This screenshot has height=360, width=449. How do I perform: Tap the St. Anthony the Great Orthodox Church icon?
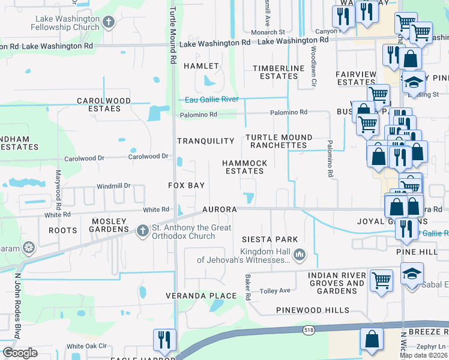click(142, 230)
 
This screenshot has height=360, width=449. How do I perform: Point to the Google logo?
click(20, 353)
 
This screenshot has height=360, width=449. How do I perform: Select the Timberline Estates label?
click(279, 72)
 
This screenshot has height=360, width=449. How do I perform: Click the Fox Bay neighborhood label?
click(186, 186)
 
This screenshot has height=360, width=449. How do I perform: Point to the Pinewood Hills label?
click(312, 310)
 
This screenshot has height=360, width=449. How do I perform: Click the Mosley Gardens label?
click(110, 225)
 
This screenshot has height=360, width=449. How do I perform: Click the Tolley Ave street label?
click(275, 291)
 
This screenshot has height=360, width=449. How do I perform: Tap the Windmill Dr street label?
click(113, 186)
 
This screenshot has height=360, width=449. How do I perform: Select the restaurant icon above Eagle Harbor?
click(162, 340)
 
